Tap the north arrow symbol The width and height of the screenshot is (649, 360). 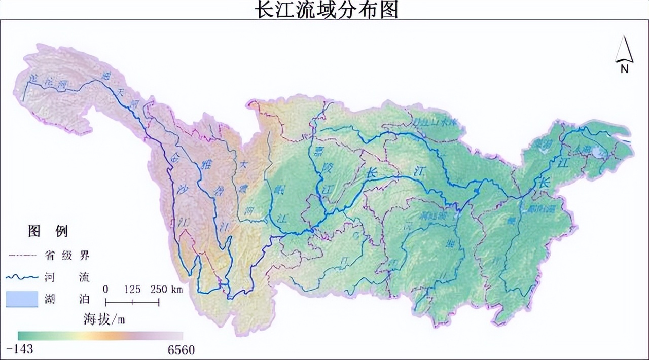[624, 51]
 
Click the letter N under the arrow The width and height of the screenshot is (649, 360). [625, 69]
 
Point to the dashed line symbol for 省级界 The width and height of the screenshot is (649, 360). [22, 255]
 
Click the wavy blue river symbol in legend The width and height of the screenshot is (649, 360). [22, 277]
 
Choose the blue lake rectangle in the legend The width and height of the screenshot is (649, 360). [22, 299]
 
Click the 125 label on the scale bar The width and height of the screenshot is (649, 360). [132, 290]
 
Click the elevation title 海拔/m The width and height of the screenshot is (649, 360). [103, 319]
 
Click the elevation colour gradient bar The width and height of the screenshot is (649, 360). [100, 336]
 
